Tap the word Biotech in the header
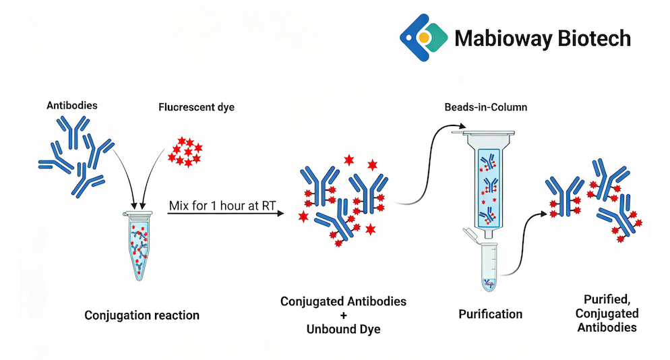(x=594, y=37)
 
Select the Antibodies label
(x=72, y=105)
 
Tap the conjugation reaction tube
(x=140, y=245)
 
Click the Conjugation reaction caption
(x=142, y=315)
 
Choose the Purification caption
(x=490, y=314)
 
